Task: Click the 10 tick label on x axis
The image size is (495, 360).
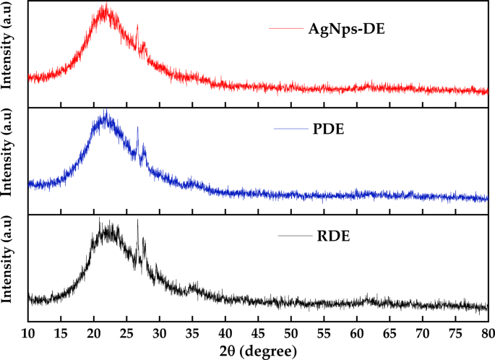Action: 28,333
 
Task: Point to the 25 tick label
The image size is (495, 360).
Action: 126,333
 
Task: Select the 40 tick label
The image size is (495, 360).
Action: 225,333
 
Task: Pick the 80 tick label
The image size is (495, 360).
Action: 488,333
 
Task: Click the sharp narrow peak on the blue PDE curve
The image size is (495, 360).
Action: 138,129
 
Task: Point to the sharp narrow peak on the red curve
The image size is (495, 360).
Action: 137,27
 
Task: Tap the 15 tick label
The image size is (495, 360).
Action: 61,333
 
